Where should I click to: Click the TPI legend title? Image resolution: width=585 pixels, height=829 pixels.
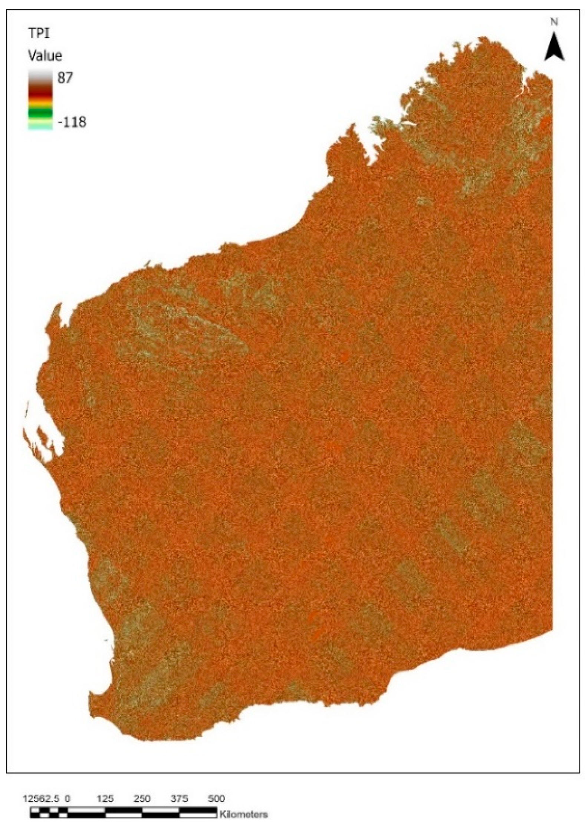click(39, 34)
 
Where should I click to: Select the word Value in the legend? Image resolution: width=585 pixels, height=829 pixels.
click(45, 56)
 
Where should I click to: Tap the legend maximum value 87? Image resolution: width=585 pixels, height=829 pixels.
click(65, 78)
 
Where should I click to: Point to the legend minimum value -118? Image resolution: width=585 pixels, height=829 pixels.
click(72, 121)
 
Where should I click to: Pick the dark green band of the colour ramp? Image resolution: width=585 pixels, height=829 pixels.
click(40, 112)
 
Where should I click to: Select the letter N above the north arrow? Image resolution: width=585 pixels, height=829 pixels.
click(554, 22)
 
